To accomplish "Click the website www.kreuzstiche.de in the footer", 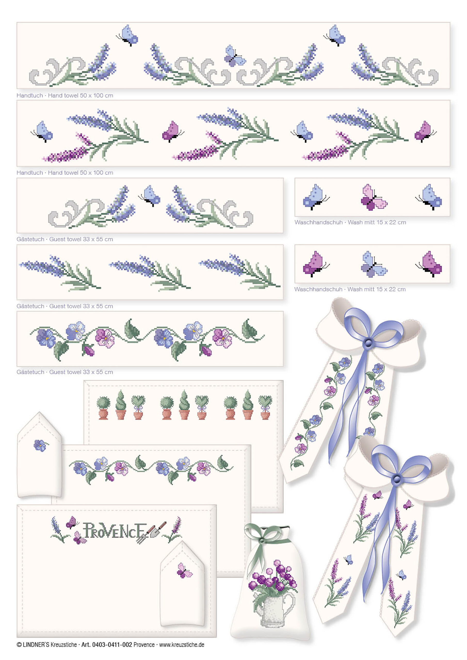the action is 182,645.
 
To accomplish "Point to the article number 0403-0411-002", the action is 112,645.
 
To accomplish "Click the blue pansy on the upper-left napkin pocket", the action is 40,445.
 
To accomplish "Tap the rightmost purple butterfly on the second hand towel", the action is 425,132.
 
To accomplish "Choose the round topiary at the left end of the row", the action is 103,408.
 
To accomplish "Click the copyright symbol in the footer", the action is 19,645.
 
